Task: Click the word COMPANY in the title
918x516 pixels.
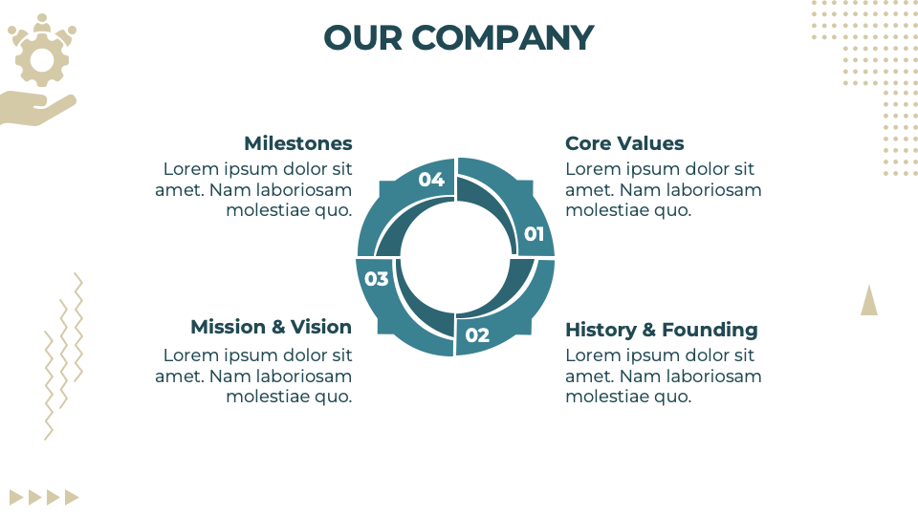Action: point(503,38)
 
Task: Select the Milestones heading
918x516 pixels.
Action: point(297,143)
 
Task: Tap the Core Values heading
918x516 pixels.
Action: point(624,143)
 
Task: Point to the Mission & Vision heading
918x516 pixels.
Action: point(271,327)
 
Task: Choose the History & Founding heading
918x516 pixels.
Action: point(661,330)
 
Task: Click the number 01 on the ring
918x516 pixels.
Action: point(534,234)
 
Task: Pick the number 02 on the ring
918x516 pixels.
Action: point(477,335)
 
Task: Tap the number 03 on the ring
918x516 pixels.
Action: point(377,279)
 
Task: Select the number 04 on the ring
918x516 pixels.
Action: point(431,180)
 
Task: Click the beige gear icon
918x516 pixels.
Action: point(42,61)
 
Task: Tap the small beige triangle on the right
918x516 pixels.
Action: point(868,301)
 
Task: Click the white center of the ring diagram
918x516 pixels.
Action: point(455,256)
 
